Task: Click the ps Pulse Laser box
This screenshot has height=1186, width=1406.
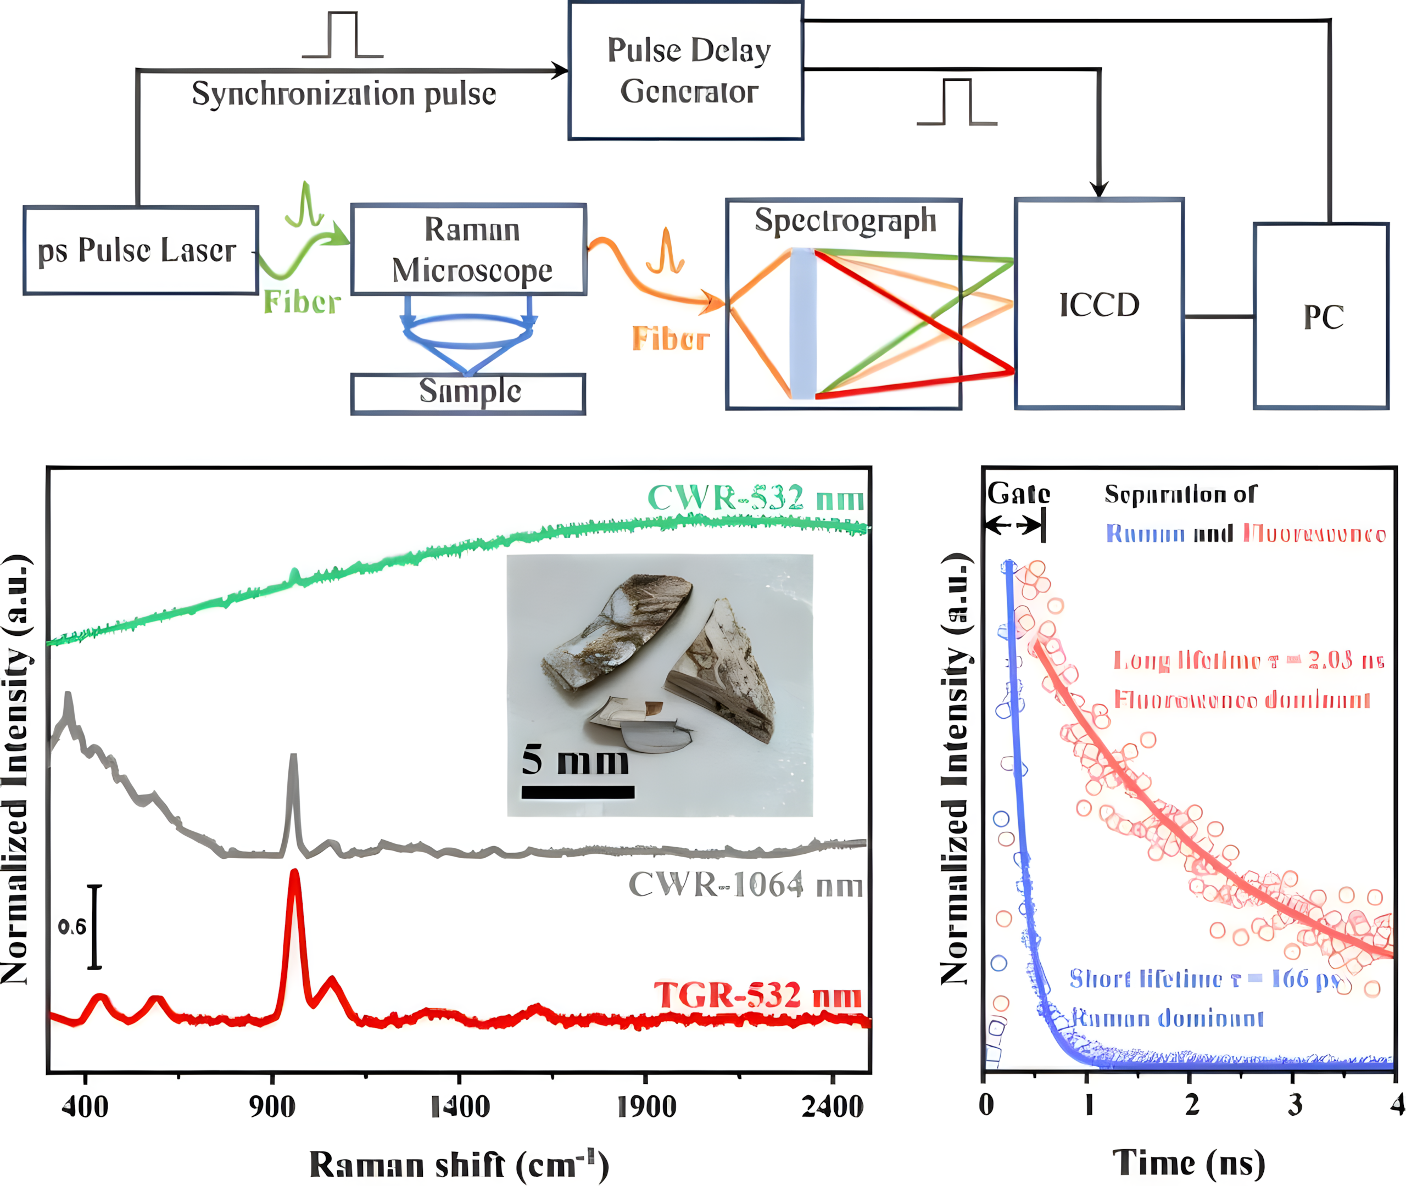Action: pos(140,250)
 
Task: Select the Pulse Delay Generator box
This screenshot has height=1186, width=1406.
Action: pos(686,71)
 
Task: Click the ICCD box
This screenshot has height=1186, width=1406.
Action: pos(1098,304)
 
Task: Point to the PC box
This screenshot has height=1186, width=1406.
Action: pos(1321,316)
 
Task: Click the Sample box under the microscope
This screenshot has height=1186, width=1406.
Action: pos(468,393)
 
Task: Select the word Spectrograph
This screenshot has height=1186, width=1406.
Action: pos(845,221)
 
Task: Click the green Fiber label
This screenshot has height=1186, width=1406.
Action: pos(302,302)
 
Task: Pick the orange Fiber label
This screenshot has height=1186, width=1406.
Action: pos(671,339)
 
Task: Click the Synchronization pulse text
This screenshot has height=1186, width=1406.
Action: pos(344,94)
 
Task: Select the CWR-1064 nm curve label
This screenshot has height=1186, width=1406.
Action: pos(745,885)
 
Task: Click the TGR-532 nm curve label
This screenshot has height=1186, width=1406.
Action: pos(757,995)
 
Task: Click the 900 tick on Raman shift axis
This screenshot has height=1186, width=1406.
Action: pos(272,1105)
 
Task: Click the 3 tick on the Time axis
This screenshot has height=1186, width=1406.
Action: pos(1294,1104)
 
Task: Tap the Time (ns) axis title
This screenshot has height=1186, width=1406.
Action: pos(1188,1162)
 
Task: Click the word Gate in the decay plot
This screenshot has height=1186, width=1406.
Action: pos(1018,494)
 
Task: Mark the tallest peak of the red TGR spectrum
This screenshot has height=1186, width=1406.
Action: pos(294,874)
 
